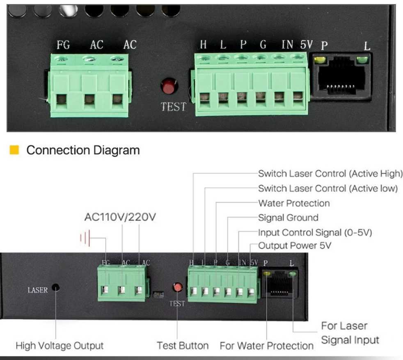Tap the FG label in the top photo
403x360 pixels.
point(63,45)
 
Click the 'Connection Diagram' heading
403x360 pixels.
point(83,150)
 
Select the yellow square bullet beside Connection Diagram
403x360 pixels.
point(14,150)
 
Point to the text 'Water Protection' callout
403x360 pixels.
point(294,203)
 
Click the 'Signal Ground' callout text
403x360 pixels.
point(288,218)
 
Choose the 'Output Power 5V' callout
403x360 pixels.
point(295,246)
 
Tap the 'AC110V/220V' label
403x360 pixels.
point(120,217)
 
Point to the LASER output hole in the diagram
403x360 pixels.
point(55,288)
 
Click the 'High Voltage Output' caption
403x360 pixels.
point(60,346)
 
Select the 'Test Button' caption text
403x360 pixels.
point(183,346)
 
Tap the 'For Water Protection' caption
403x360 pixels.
point(266,346)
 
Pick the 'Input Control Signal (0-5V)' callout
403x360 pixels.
point(315,232)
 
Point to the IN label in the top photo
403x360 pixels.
point(287,45)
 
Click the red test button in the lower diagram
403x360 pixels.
point(177,287)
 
